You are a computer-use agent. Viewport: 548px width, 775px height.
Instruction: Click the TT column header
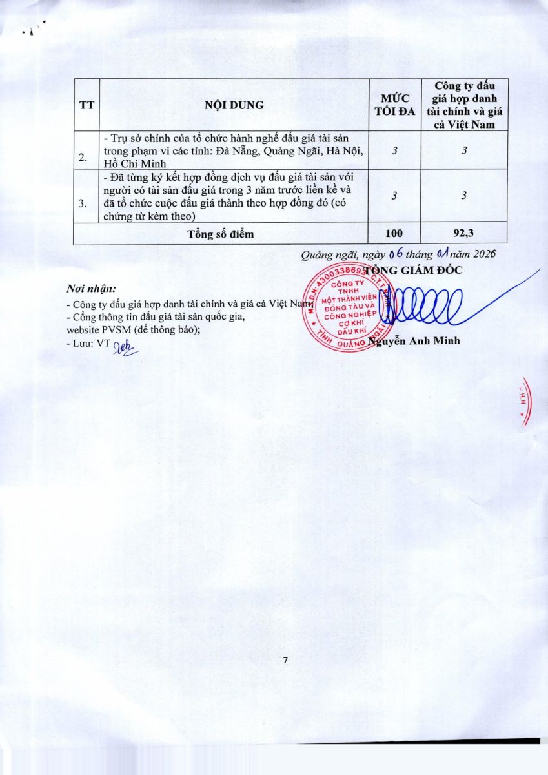pyautogui.click(x=86, y=105)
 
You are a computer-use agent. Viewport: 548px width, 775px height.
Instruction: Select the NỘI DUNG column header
pyautogui.click(x=234, y=105)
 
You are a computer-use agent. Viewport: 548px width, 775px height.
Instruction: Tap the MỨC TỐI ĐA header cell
pyautogui.click(x=394, y=105)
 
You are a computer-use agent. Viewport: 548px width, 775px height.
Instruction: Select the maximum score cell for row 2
pyautogui.click(x=394, y=150)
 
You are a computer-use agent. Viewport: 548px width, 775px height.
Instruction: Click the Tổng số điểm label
pyautogui.click(x=220, y=234)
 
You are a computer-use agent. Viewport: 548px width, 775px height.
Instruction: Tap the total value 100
pyautogui.click(x=394, y=234)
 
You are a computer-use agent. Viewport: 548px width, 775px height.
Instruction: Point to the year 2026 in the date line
pyautogui.click(x=483, y=254)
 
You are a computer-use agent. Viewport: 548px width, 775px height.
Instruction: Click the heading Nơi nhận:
pyautogui.click(x=91, y=288)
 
